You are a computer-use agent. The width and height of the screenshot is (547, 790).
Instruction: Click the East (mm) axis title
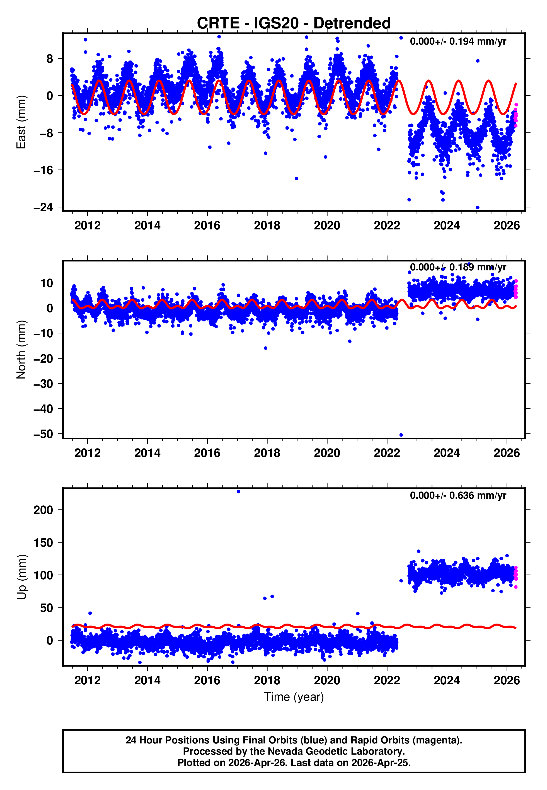(x=21, y=122)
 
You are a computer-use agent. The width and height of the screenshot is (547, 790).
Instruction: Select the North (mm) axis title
(x=21, y=350)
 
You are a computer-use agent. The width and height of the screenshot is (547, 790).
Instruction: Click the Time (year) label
(x=294, y=697)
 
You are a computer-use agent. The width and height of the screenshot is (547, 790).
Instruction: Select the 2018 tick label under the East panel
(x=267, y=226)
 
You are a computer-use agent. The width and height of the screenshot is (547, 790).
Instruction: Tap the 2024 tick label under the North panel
(x=447, y=453)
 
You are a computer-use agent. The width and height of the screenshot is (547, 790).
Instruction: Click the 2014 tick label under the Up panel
(x=147, y=680)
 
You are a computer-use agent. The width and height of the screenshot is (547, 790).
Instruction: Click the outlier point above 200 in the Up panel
(x=239, y=492)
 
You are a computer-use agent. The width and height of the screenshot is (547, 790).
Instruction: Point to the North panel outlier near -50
(x=401, y=435)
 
